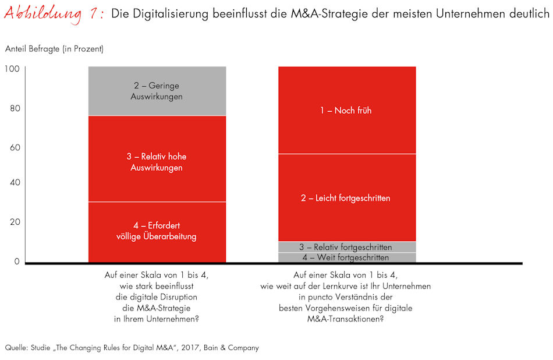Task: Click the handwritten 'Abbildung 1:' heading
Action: click(x=54, y=13)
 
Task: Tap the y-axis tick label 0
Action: click(x=16, y=261)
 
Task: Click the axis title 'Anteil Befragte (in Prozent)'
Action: click(x=54, y=50)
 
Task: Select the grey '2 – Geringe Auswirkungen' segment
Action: click(x=157, y=91)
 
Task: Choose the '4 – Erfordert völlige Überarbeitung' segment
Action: click(x=157, y=232)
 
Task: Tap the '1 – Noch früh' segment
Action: click(x=346, y=110)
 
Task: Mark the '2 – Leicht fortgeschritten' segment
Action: click(x=346, y=198)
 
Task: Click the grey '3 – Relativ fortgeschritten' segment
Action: click(x=346, y=247)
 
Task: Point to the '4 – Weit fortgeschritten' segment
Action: click(x=346, y=257)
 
